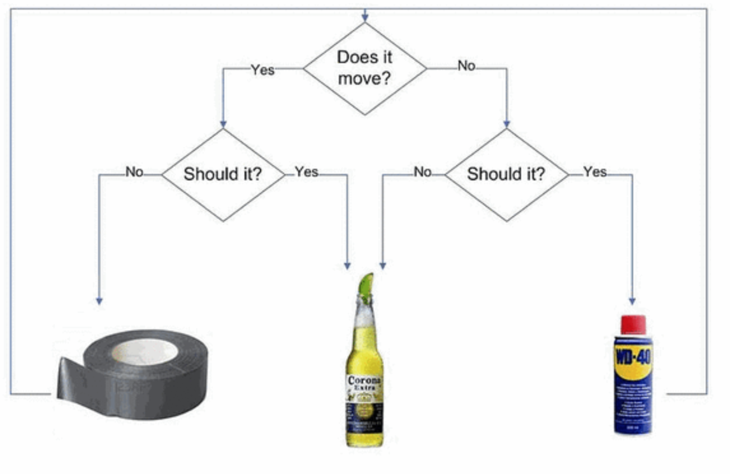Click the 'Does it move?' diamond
coord(364,68)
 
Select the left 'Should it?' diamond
coord(223,174)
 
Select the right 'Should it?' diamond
coord(506,174)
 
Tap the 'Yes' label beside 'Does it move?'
coord(262,69)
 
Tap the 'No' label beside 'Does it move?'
coord(467,66)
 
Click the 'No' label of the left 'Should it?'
coord(135,172)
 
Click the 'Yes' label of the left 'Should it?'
coord(306,172)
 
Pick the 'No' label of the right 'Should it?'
coord(423,172)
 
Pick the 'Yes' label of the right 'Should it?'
coord(595,172)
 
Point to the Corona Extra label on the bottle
coord(364,384)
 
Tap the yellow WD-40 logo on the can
coord(633,354)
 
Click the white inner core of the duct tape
coord(145,351)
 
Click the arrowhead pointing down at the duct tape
coord(99,300)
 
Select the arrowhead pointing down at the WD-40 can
coord(633,300)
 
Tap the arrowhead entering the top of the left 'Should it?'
coord(223,124)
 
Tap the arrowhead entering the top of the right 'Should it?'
coord(506,124)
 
